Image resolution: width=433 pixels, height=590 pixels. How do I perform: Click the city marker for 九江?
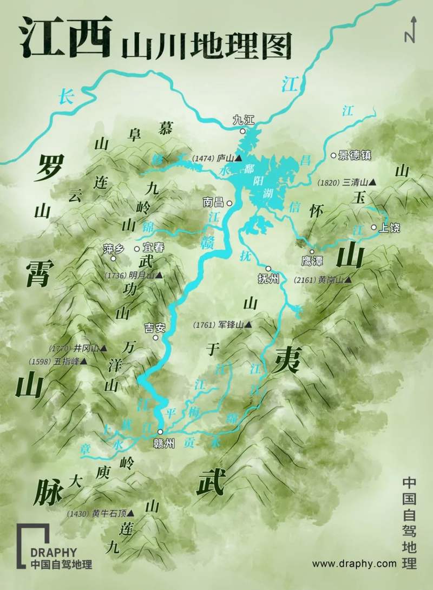click(x=243, y=131)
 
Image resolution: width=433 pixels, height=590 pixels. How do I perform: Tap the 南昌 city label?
click(x=213, y=203)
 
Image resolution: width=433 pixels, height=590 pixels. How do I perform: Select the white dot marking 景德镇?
click(x=333, y=155)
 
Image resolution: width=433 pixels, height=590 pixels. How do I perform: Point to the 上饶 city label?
click(x=389, y=228)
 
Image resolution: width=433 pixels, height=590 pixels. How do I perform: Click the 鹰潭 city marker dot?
click(x=312, y=252)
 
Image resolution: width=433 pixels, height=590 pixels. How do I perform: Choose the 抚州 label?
click(x=269, y=279)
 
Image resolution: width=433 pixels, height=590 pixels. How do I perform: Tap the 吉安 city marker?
click(x=155, y=338)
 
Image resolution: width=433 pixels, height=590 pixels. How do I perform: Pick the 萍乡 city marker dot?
click(x=113, y=258)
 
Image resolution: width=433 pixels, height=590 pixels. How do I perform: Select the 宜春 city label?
click(x=153, y=248)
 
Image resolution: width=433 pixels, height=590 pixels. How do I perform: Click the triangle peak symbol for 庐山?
click(x=238, y=159)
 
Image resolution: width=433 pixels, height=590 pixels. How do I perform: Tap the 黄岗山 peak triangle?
click(x=347, y=280)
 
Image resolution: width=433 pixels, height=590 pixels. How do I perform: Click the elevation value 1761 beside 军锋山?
click(x=204, y=325)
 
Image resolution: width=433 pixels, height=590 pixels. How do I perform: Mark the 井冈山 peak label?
click(x=86, y=348)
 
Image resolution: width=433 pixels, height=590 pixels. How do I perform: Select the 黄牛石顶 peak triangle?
click(x=130, y=513)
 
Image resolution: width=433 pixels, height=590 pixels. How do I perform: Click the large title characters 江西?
click(x=65, y=37)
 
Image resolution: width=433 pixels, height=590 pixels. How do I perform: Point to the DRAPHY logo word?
click(x=54, y=553)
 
